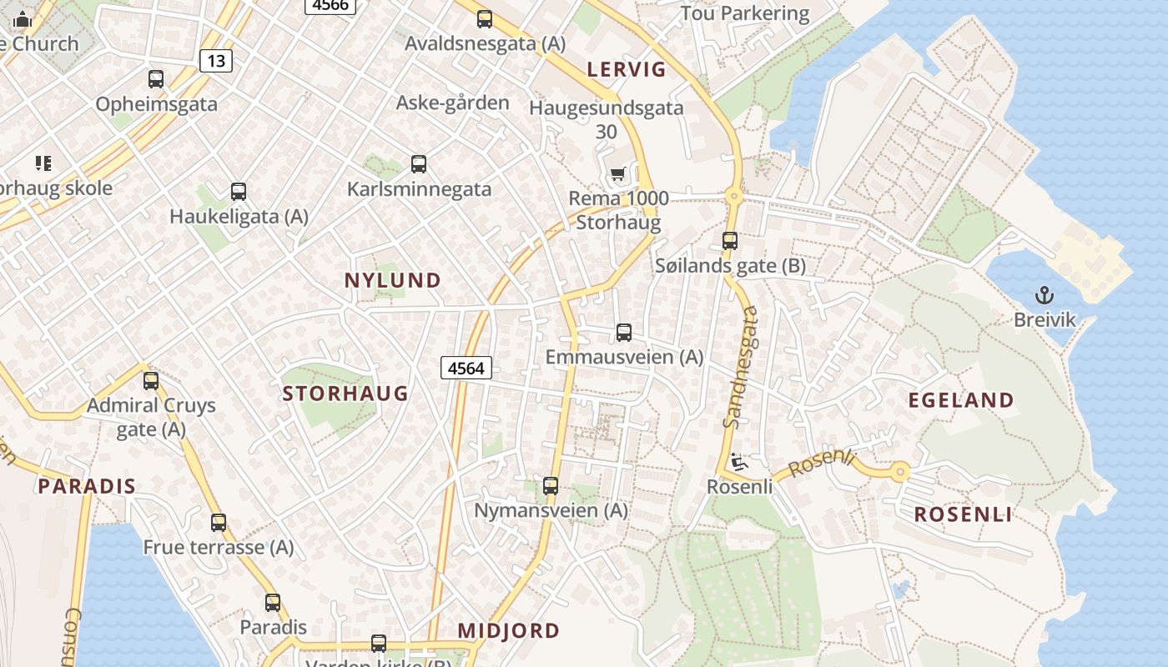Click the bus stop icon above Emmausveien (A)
click(624, 333)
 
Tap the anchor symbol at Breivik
click(1045, 295)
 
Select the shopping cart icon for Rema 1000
click(617, 173)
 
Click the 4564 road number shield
click(466, 368)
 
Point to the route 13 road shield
click(216, 60)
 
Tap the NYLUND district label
click(393, 281)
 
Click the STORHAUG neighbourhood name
click(345, 394)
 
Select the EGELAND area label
click(961, 400)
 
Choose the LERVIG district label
click(627, 69)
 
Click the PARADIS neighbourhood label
click(87, 486)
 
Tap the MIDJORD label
click(509, 630)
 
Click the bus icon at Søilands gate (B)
click(730, 241)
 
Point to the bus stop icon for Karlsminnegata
click(419, 164)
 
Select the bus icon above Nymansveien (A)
click(551, 485)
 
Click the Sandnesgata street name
click(741, 367)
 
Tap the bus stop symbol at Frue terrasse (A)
click(219, 523)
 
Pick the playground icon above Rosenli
click(738, 461)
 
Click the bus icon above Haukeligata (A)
click(239, 192)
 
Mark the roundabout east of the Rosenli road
click(899, 473)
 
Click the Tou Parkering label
click(745, 13)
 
